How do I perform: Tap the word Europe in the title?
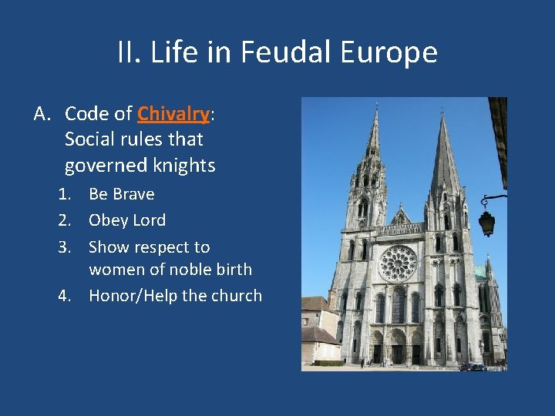coord(391,53)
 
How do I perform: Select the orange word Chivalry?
coord(173,114)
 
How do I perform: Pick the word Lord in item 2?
coord(149,220)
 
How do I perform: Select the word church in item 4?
coord(236,296)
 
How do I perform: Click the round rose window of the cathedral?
coord(398,263)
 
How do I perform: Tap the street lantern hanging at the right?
coord(487,223)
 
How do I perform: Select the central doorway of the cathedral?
coord(398,346)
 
